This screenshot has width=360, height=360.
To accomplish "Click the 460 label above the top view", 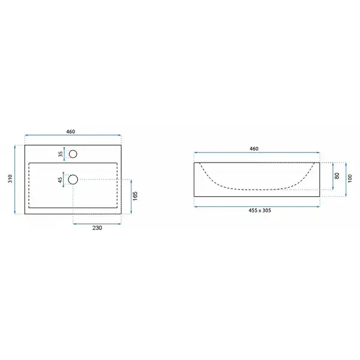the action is pos(70,131).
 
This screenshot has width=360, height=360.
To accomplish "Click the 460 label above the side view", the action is pos(254,149).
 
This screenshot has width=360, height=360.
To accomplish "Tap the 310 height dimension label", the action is pos(10,179).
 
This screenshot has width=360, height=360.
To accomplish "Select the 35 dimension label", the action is pos(61,154).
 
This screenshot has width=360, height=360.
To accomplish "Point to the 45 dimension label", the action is pos(60,180).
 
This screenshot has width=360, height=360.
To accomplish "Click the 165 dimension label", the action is pos(135,196).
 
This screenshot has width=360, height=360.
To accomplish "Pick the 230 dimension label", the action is pos(97,228).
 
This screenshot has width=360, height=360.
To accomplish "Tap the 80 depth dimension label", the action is pos(337,176).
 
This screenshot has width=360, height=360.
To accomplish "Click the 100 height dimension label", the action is pos(350,179).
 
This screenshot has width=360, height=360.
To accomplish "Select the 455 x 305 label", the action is pos(260,211).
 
